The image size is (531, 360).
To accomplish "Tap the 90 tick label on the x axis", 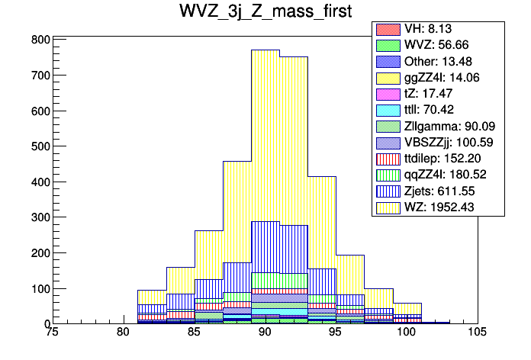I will tap(264, 333).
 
